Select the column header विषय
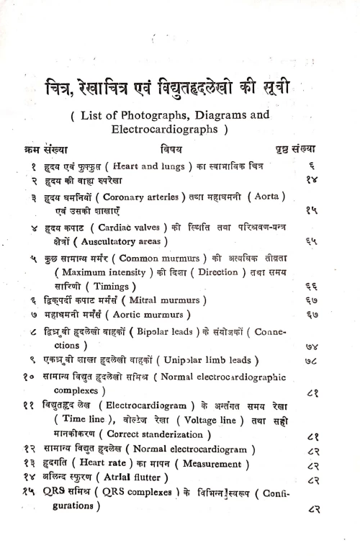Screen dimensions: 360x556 (x=171, y=150)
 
